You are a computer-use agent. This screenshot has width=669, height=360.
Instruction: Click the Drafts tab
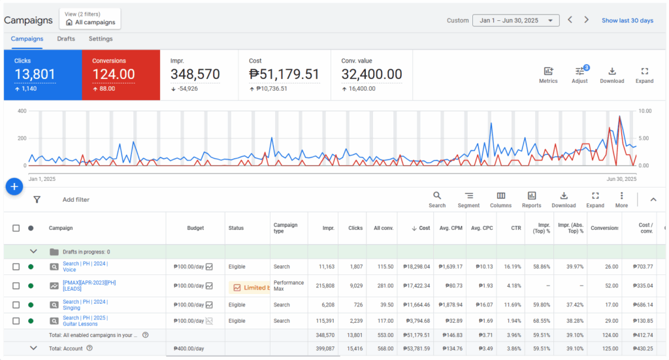tap(66, 39)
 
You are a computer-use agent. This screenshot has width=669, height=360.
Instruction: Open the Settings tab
tap(101, 39)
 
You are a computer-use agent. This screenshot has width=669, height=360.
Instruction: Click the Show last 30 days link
tap(627, 20)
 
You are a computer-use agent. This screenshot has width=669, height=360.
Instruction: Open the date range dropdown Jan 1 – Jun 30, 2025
tap(515, 20)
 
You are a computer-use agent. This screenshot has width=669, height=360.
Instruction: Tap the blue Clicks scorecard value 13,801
tap(35, 74)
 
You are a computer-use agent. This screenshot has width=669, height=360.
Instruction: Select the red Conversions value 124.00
tap(114, 74)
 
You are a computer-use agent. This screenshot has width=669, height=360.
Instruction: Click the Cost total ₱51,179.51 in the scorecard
tap(284, 74)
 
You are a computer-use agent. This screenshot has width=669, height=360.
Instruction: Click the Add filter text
tap(76, 199)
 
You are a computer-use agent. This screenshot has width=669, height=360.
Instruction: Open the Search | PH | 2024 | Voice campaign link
tap(85, 267)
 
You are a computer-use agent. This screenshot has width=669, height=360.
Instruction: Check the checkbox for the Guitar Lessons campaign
tap(16, 321)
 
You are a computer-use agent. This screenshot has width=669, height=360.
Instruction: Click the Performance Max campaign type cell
tap(288, 286)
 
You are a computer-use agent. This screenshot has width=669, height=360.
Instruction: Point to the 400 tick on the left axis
tap(21, 111)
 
